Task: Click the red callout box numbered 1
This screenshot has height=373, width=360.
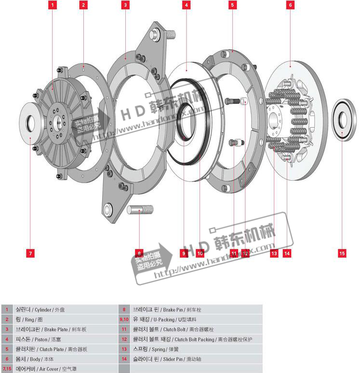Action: coord(53,5)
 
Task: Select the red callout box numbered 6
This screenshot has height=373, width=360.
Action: coord(290,5)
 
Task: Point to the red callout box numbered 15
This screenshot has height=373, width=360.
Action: coord(342,253)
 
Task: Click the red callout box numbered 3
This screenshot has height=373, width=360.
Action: coord(125,5)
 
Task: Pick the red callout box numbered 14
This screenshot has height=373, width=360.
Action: coord(287,253)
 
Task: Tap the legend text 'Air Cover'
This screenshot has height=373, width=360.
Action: coord(48,369)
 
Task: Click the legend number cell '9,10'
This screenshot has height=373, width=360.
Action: coord(124,320)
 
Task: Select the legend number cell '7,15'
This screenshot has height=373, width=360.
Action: coord(7,369)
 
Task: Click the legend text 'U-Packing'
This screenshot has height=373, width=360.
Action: coord(163,320)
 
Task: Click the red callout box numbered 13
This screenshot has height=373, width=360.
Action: coord(274,253)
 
